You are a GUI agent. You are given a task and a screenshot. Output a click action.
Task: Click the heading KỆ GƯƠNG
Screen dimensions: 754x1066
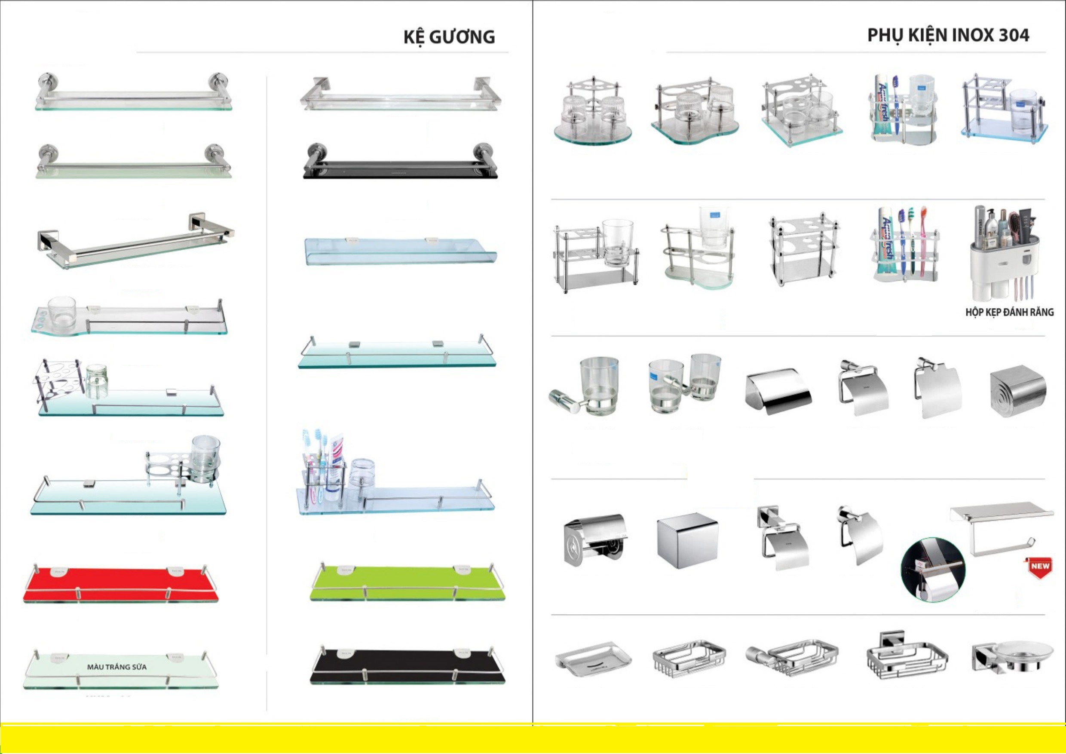coord(449,37)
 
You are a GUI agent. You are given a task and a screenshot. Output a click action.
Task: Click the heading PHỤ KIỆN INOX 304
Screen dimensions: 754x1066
coord(948,35)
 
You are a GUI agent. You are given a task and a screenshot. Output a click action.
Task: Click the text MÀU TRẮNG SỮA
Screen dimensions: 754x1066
coord(117,667)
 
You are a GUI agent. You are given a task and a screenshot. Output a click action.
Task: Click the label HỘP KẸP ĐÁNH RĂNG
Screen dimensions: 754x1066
coord(1009,312)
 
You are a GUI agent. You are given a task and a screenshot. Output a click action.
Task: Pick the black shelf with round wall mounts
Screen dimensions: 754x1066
coord(400,162)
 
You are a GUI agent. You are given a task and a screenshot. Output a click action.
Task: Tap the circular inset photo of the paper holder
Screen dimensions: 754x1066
coord(933,570)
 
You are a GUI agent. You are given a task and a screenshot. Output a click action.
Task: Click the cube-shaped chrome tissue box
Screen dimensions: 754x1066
coord(687,540)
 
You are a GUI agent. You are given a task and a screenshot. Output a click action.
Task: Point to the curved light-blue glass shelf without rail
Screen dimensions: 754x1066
coord(400,251)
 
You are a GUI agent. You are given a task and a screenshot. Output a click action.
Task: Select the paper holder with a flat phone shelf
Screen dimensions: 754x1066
coord(1002,529)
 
